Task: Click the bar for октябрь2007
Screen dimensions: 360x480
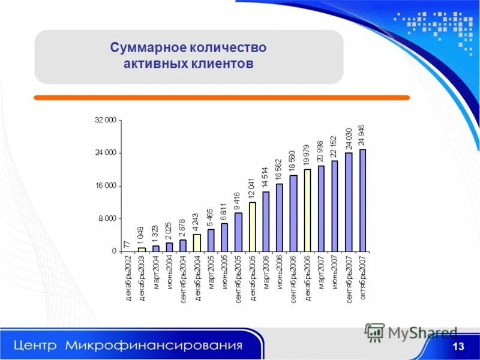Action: (362, 200)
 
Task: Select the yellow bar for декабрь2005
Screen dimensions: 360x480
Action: (253, 227)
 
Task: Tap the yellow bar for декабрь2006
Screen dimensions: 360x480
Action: (307, 210)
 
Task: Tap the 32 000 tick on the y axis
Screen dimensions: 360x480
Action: (106, 121)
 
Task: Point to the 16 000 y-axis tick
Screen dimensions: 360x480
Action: (106, 186)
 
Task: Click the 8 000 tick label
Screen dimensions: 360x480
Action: (108, 218)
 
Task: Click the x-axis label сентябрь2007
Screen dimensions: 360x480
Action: (349, 278)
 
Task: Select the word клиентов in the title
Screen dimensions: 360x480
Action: (220, 64)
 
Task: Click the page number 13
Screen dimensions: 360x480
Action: (458, 347)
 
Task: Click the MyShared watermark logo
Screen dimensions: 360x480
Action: (412, 332)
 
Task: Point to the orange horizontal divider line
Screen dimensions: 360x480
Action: (221, 97)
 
